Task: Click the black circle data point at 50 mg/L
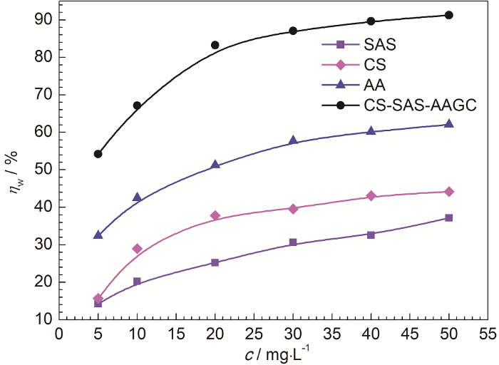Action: [x=448, y=15]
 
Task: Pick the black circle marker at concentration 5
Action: [x=98, y=154]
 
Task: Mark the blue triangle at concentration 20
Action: [x=215, y=165]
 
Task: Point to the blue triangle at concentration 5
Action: [x=98, y=235]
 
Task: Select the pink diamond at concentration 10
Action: [x=137, y=249]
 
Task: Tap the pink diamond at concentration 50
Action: [x=448, y=192]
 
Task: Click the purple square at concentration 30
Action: [x=293, y=242]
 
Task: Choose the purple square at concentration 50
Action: [x=448, y=217]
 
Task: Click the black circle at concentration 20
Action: [x=215, y=45]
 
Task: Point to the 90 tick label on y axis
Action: [x=43, y=19]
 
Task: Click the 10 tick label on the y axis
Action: [x=43, y=319]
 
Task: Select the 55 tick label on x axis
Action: [x=488, y=333]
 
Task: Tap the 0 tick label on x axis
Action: [x=59, y=333]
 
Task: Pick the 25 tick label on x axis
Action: [x=254, y=333]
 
